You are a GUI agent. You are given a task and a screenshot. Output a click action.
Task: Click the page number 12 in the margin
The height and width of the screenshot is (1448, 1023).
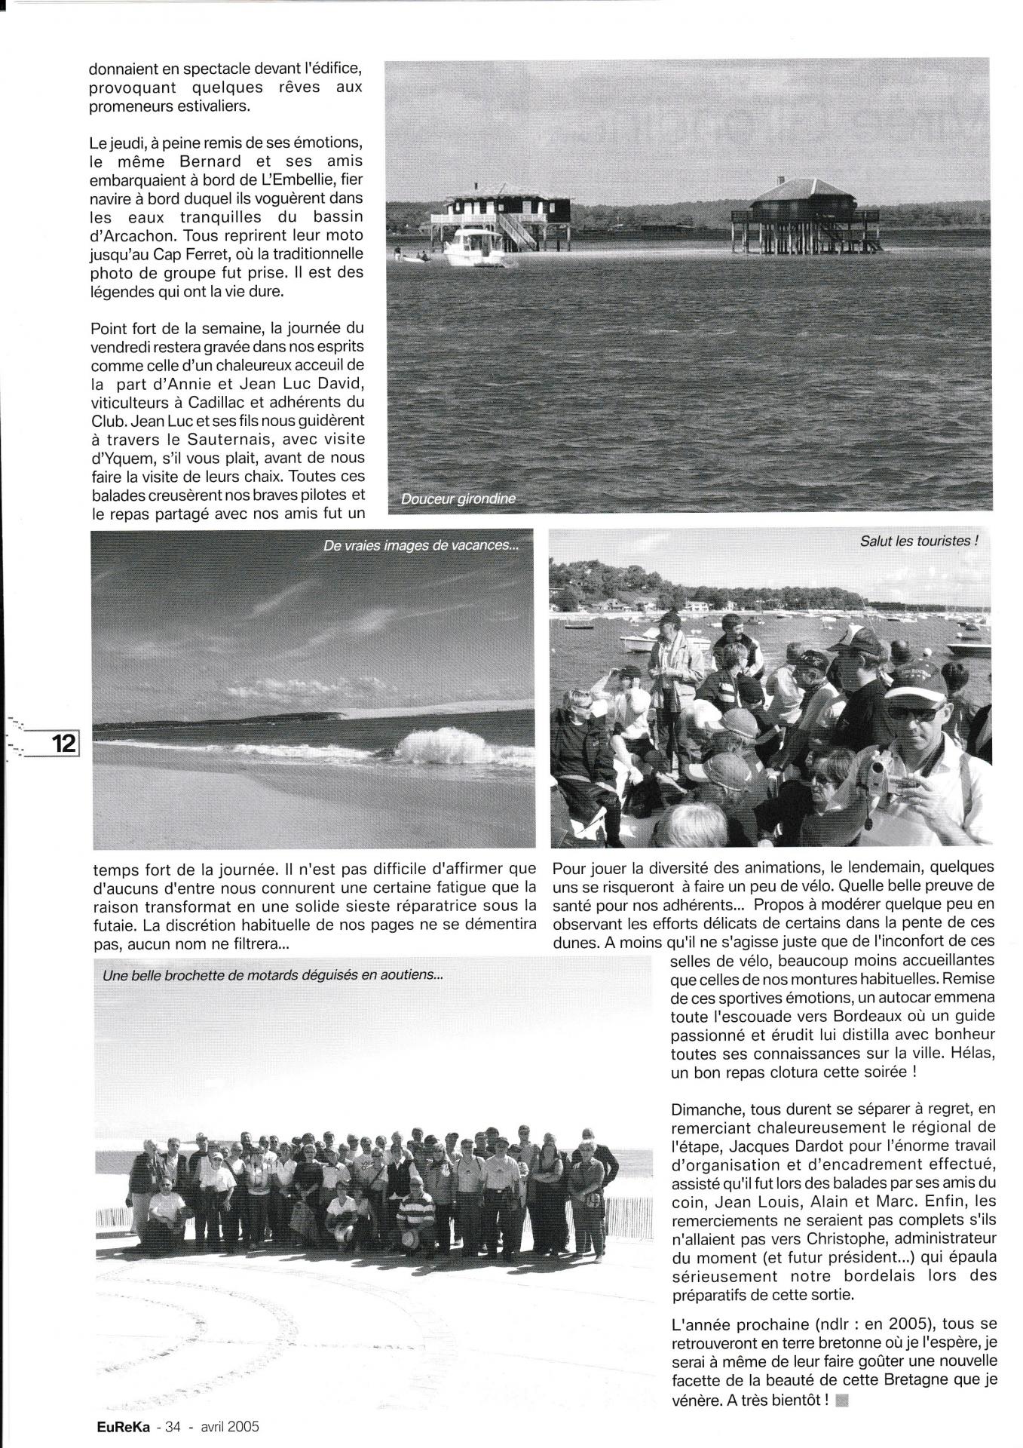(x=64, y=744)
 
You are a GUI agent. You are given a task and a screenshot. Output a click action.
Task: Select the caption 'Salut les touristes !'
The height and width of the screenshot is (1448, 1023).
(x=919, y=541)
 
